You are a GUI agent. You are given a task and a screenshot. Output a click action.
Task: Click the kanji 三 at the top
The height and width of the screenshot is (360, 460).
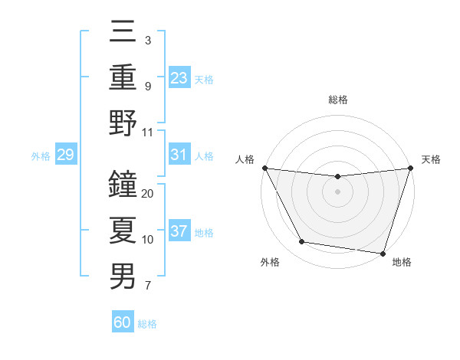click(x=123, y=33)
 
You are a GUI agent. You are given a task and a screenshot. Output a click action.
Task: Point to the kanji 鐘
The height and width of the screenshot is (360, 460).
click(x=123, y=184)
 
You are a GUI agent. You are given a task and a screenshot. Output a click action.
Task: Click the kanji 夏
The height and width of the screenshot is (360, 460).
click(x=123, y=229)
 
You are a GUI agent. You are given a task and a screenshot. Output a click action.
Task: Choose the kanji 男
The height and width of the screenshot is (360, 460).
click(x=123, y=275)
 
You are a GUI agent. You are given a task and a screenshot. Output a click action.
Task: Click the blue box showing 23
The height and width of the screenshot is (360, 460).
click(x=179, y=77)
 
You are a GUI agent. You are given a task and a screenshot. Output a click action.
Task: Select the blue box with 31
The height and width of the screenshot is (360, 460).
click(x=179, y=155)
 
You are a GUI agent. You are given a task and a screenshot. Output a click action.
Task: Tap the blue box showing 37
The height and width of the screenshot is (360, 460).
click(x=179, y=231)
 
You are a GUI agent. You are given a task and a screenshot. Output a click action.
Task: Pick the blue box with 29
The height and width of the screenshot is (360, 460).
click(x=65, y=155)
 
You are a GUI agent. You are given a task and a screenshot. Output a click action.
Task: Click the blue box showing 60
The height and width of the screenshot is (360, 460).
click(x=123, y=322)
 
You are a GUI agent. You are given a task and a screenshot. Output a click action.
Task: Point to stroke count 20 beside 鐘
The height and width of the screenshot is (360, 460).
click(x=148, y=194)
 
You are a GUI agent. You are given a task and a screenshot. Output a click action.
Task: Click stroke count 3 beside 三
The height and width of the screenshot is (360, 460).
click(x=147, y=41)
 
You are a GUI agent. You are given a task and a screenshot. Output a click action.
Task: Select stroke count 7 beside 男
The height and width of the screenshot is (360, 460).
click(x=147, y=286)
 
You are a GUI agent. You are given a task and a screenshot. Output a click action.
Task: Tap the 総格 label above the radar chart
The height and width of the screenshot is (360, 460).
click(x=337, y=100)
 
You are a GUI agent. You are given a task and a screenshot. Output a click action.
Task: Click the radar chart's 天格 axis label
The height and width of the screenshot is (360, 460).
click(x=431, y=159)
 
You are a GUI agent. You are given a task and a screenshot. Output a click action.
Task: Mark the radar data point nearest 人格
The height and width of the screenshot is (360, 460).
click(x=264, y=168)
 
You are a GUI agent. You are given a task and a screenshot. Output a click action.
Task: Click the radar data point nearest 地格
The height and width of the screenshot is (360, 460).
click(x=383, y=253)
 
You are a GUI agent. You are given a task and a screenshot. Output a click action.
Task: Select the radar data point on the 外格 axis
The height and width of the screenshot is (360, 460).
click(x=301, y=242)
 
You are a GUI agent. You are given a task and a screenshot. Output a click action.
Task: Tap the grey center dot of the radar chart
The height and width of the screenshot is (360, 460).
click(x=337, y=191)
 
